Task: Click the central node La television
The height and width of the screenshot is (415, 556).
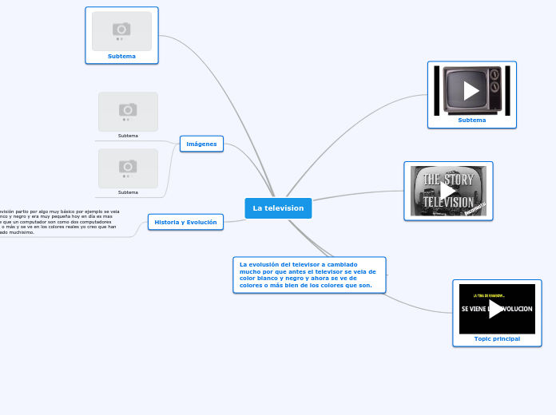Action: [x=278, y=208]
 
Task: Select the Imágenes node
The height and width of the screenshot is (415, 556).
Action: [x=201, y=144]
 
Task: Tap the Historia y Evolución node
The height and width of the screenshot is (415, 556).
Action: [x=185, y=222]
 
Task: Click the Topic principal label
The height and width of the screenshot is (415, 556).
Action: [x=497, y=338]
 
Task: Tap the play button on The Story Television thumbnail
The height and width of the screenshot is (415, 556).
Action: [x=448, y=191]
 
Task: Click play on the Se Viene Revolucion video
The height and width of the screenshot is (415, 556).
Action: [x=497, y=309]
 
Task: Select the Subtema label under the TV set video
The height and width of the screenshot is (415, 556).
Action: [x=471, y=120]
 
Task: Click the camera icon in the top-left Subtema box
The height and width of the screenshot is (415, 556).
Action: [x=121, y=30]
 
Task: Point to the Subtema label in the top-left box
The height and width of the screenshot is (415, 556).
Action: [x=121, y=56]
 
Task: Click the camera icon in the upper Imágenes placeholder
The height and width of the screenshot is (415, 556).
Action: [x=128, y=109]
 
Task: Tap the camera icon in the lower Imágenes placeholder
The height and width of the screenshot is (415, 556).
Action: [x=128, y=166]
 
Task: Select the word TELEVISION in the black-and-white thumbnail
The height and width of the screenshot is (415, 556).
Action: [x=447, y=203]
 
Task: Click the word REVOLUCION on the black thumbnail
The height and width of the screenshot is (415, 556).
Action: [x=519, y=309]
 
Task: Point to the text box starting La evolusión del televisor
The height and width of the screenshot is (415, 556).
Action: [x=309, y=275]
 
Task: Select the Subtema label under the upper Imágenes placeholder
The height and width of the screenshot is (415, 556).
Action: [x=128, y=136]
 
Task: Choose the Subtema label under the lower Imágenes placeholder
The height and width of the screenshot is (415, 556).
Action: [x=128, y=192]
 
